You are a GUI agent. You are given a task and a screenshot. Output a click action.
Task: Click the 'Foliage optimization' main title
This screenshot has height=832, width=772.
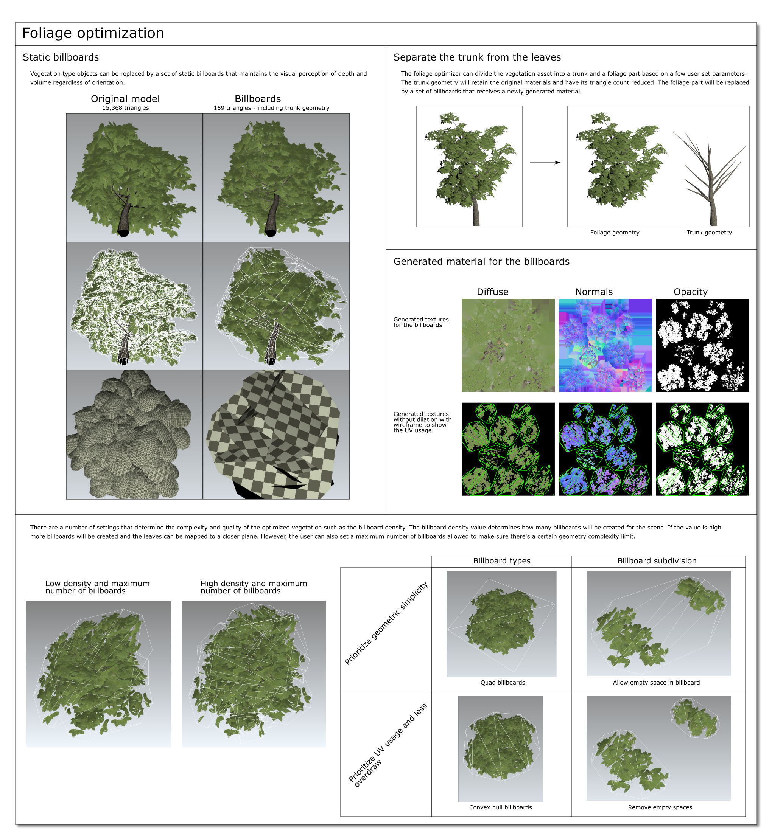93,33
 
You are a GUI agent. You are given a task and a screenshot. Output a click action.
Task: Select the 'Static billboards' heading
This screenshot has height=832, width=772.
61,57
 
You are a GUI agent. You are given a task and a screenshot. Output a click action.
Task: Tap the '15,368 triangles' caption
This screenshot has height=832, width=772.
126,108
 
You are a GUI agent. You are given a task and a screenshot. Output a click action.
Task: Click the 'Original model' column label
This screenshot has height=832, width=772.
125,99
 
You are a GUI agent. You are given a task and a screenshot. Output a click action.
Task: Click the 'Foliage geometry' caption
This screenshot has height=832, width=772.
615,233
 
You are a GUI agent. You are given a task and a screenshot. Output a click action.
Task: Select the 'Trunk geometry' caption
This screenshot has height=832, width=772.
709,233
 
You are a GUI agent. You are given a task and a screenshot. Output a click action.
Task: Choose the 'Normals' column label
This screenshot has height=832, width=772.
594,292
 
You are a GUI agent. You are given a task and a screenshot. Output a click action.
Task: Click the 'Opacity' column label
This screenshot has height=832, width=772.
691,292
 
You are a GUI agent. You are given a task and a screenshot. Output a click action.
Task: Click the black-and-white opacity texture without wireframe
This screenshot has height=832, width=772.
703,345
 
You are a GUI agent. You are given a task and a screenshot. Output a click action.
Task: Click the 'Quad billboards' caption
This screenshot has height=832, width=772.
503,683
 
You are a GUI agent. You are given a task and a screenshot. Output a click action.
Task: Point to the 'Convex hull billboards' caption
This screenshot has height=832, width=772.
500,807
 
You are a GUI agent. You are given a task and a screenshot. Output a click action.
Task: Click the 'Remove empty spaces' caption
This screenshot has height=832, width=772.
660,807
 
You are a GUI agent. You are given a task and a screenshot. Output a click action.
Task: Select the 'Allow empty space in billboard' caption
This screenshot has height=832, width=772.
656,683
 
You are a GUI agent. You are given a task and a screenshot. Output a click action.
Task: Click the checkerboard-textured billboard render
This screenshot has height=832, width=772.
276,435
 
